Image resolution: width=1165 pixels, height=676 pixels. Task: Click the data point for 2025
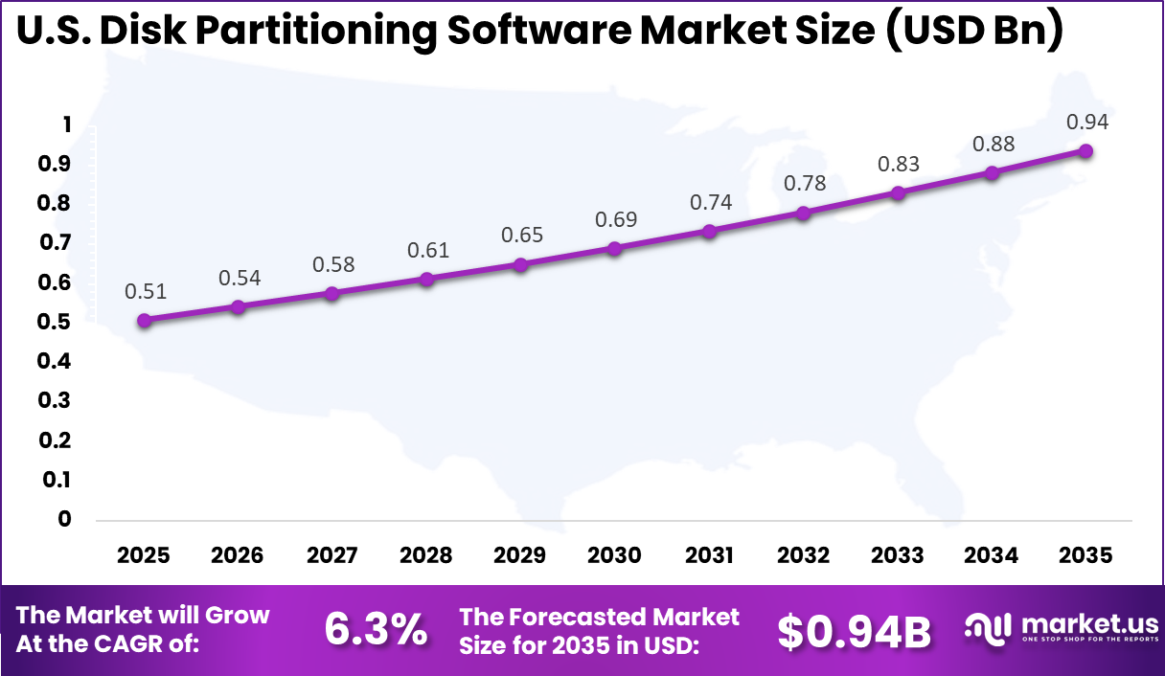coord(145,321)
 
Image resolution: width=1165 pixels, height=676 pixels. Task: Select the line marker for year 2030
coord(615,249)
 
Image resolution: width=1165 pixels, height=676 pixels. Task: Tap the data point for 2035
coord(1086,151)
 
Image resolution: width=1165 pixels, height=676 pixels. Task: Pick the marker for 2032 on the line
coord(803,213)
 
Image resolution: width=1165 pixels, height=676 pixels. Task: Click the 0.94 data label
coord(1086,122)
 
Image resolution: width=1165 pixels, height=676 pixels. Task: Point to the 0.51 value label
coord(145,291)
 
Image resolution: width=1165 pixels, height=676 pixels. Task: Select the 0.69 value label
coord(615,219)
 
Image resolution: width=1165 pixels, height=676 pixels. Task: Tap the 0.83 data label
coord(898,164)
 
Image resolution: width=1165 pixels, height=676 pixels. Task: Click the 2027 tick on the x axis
coord(332,555)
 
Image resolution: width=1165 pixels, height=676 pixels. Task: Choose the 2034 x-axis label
coord(992,555)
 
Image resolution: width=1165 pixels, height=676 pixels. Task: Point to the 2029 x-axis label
coord(521,555)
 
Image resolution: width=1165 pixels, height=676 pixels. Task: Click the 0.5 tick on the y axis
coord(55,322)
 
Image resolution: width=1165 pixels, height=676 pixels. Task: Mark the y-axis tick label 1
coord(66,124)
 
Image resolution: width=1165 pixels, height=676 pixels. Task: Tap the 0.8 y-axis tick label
coord(55,204)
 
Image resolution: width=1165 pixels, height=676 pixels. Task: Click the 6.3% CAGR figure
coord(376,629)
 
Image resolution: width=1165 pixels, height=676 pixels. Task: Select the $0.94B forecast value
coord(854,631)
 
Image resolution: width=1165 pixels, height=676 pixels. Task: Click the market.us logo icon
coord(987,627)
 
